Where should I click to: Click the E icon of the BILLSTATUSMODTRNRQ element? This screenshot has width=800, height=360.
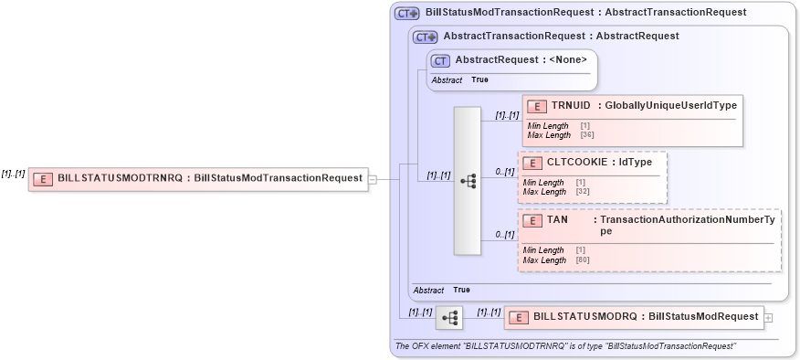click(42, 179)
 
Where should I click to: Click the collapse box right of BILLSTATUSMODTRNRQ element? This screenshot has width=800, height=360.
click(372, 179)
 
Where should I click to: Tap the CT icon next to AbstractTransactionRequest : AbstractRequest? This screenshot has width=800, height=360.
click(425, 37)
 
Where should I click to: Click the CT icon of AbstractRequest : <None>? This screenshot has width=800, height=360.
click(440, 60)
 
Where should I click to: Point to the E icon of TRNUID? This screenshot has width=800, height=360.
click(538, 107)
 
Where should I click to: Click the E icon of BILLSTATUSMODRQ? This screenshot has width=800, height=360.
click(519, 317)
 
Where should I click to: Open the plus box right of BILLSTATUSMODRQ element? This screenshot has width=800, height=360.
click(767, 317)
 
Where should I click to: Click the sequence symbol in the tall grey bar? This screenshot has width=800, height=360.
click(468, 181)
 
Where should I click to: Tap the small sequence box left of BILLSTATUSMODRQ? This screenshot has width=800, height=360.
click(449, 318)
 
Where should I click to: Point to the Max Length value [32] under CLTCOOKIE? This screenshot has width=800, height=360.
click(582, 192)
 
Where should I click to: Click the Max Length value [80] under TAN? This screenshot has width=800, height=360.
click(582, 260)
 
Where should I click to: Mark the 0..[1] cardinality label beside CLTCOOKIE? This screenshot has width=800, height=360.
click(504, 172)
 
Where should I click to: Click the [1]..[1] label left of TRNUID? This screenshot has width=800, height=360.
click(507, 115)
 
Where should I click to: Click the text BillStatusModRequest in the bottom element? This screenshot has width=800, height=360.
click(703, 316)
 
